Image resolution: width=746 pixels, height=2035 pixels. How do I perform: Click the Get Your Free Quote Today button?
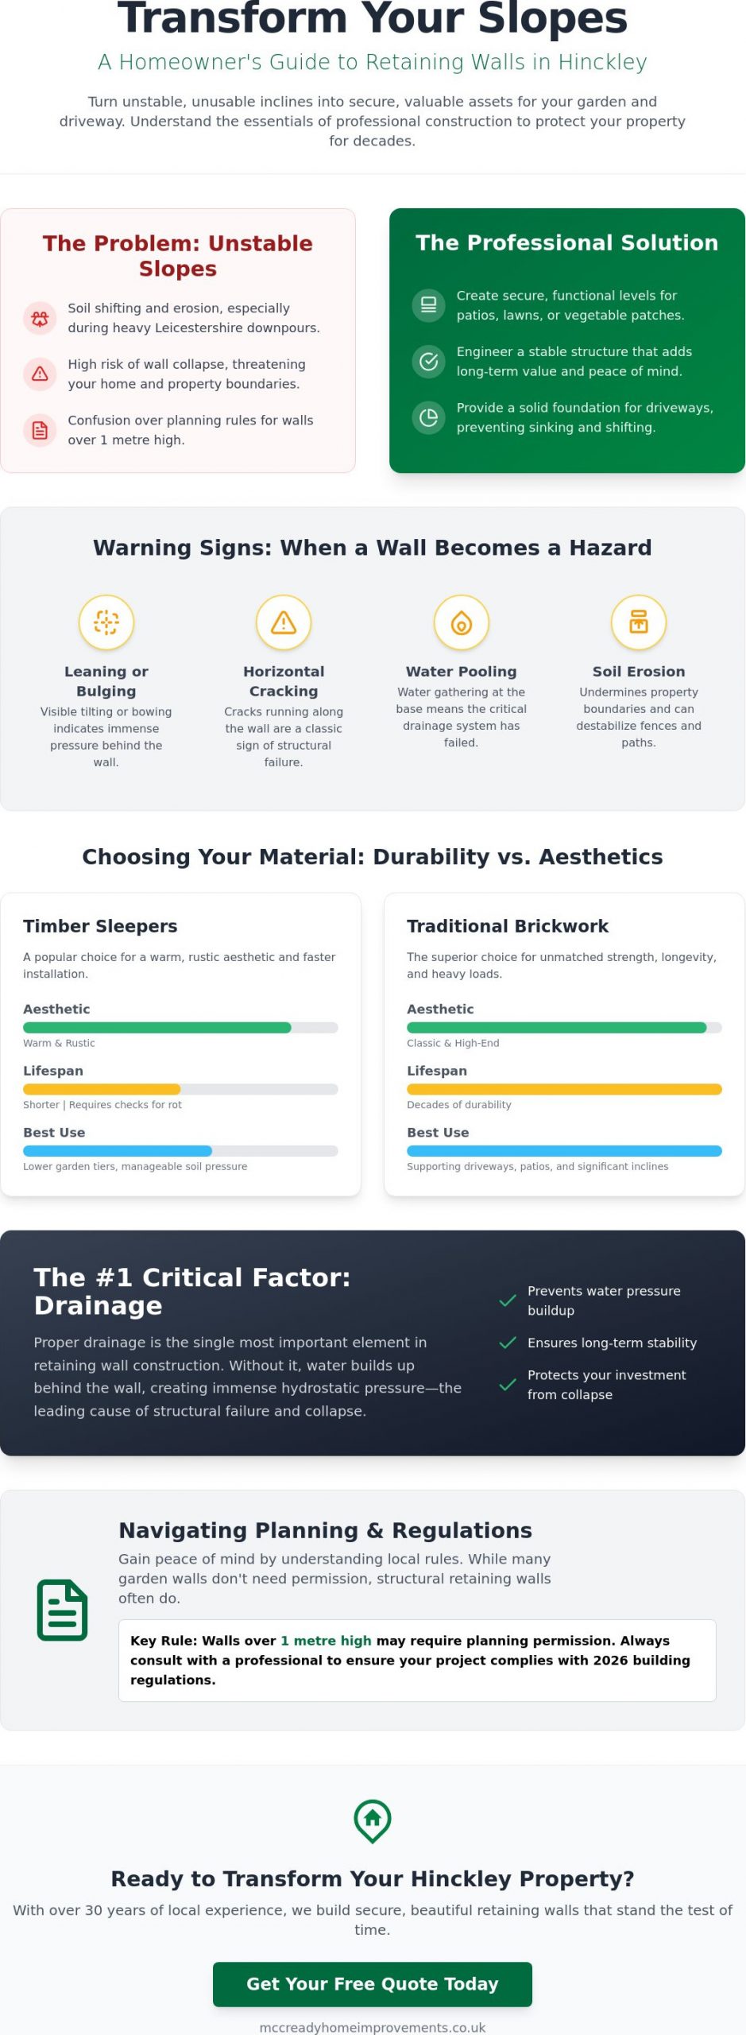[373, 1984]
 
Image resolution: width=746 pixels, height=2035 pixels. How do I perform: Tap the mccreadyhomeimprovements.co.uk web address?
[373, 2027]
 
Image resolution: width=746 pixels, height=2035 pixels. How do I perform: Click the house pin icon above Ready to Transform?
[373, 1820]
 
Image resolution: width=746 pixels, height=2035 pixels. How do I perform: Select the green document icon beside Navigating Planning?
[62, 1610]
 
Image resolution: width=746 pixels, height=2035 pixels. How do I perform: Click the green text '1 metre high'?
[326, 1641]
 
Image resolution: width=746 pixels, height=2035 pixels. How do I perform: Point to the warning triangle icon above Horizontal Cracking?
[284, 622]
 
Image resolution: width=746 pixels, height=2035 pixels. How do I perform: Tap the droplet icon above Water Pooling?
[462, 622]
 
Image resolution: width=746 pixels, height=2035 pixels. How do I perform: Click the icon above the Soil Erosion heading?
[639, 622]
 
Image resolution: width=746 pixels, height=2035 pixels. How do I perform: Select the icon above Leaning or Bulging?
[106, 622]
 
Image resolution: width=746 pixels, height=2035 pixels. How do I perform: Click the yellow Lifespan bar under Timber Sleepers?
[102, 1089]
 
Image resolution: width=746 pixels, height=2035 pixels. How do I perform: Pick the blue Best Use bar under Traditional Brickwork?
[564, 1151]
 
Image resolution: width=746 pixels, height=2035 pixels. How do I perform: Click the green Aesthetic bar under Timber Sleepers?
[157, 1027]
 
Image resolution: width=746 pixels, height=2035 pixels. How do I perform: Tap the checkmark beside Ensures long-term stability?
[508, 1343]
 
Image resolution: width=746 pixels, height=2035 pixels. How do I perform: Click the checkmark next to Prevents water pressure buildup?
[508, 1300]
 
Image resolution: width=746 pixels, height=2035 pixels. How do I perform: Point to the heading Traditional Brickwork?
[508, 926]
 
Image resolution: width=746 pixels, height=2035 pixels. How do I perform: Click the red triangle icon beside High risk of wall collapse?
[40, 374]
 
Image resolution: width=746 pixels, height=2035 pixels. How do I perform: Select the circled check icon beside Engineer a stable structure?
[429, 362]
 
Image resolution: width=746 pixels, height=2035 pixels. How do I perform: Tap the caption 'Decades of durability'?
[459, 1104]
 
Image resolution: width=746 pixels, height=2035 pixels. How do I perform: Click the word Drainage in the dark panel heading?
[99, 1305]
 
